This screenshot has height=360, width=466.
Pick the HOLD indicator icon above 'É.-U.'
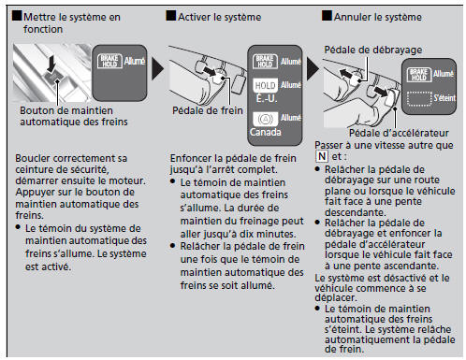click(265, 86)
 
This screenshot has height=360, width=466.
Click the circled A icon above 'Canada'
click(265, 121)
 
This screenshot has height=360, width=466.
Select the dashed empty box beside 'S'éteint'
click(418, 97)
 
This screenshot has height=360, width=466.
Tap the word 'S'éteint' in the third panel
click(444, 97)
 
